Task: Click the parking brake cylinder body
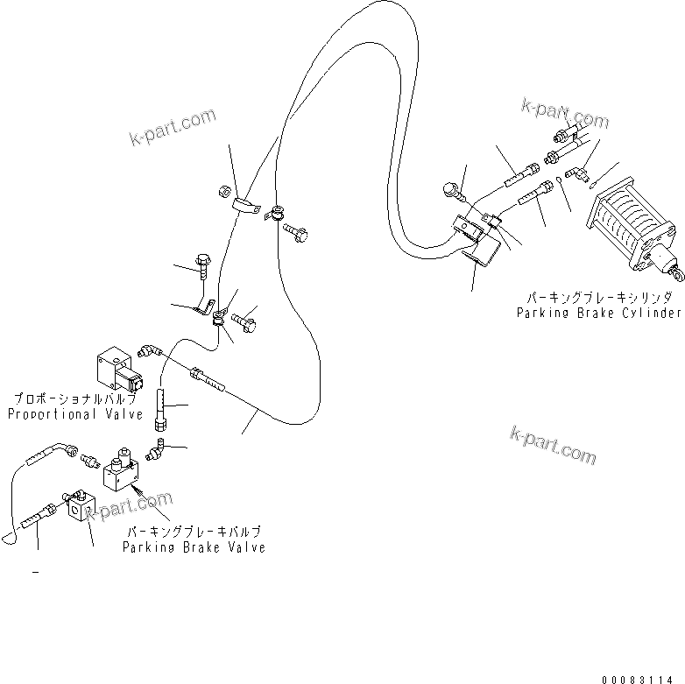pos(629,227)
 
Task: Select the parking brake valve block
pos(119,473)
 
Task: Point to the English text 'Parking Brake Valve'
pos(195,547)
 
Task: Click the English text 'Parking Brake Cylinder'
pos(597,312)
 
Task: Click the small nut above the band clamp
pos(223,189)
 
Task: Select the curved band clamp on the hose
pos(247,208)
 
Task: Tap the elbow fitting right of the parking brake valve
pos(159,451)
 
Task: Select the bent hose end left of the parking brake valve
pos(53,448)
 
